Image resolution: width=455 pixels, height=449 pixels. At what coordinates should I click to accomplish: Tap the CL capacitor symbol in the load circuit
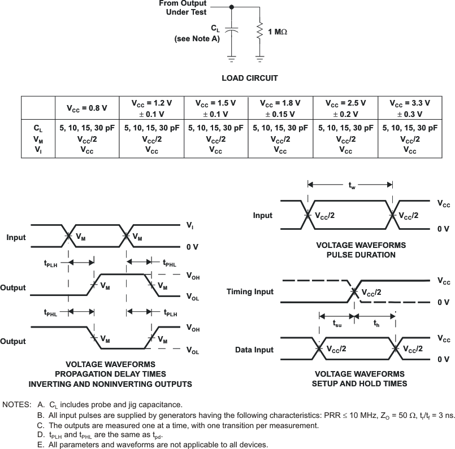pyautogui.click(x=232, y=30)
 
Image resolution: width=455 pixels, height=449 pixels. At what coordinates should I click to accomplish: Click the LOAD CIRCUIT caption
pyautogui.click(x=250, y=78)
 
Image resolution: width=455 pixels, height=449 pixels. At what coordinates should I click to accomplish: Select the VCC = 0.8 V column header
pyautogui.click(x=87, y=108)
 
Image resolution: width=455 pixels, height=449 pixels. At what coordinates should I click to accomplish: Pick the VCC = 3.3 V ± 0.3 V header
pyautogui.click(x=410, y=108)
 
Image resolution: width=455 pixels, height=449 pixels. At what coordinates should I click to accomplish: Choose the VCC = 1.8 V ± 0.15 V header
pyautogui.click(x=280, y=108)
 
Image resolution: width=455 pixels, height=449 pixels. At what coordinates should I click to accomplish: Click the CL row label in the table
pyautogui.click(x=38, y=128)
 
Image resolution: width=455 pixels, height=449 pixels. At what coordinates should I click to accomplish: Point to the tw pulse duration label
pyautogui.click(x=352, y=185)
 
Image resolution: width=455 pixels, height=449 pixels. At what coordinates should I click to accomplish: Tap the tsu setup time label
pyautogui.click(x=337, y=323)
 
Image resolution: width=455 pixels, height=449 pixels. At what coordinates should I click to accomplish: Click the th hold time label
pyautogui.click(x=376, y=323)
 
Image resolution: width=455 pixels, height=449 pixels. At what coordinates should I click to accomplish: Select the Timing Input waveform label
pyautogui.click(x=250, y=291)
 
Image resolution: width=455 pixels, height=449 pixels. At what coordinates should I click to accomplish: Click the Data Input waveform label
pyautogui.click(x=254, y=350)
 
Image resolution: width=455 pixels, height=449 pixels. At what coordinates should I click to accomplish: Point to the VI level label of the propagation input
pyautogui.click(x=190, y=225)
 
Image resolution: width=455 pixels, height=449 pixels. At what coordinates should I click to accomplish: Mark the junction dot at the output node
pyautogui.click(x=232, y=7)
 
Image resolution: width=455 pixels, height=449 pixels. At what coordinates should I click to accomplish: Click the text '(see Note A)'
pyautogui.click(x=197, y=39)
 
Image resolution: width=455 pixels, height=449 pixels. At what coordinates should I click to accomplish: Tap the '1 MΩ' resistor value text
pyautogui.click(x=278, y=32)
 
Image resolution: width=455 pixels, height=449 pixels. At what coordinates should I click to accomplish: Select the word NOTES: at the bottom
pyautogui.click(x=17, y=404)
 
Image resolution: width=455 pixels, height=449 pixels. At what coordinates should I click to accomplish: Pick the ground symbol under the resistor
pyautogui.click(x=259, y=59)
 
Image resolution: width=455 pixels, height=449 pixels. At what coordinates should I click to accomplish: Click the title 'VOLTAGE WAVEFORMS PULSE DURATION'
pyautogui.click(x=361, y=250)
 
